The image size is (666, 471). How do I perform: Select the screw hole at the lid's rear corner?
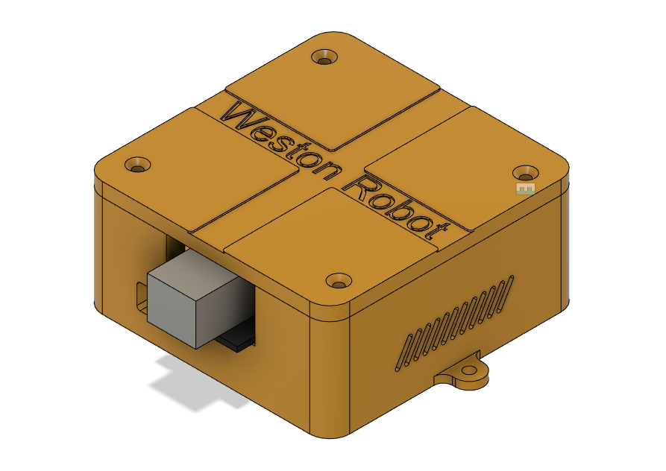pyautogui.click(x=324, y=57)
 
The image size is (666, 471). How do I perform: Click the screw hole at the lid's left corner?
pyautogui.click(x=137, y=165)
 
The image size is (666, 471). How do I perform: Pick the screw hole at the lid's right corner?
pyautogui.click(x=527, y=172)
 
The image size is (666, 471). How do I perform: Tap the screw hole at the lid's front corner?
pyautogui.click(x=339, y=281)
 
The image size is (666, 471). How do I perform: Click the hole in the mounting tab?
pyautogui.click(x=469, y=370)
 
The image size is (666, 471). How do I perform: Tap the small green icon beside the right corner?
pyautogui.click(x=527, y=189)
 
